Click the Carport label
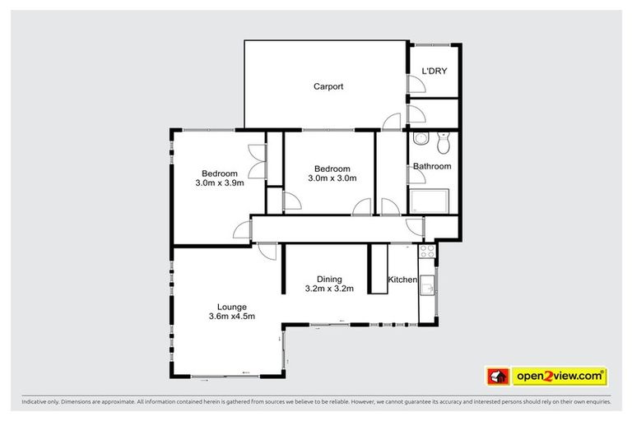[x=328, y=86]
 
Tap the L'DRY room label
[x=434, y=72]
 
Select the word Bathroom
[x=432, y=166]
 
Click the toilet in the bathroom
[x=444, y=144]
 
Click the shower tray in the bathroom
[x=430, y=200]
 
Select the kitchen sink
[x=428, y=285]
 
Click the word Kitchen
[x=402, y=280]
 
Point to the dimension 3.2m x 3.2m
[x=328, y=289]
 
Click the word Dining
[x=328, y=279]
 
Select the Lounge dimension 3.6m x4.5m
[x=231, y=317]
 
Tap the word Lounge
[x=231, y=305]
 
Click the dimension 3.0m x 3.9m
[x=220, y=183]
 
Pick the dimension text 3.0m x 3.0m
[x=332, y=178]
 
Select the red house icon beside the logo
[x=497, y=377]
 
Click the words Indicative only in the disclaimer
[x=43, y=403]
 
